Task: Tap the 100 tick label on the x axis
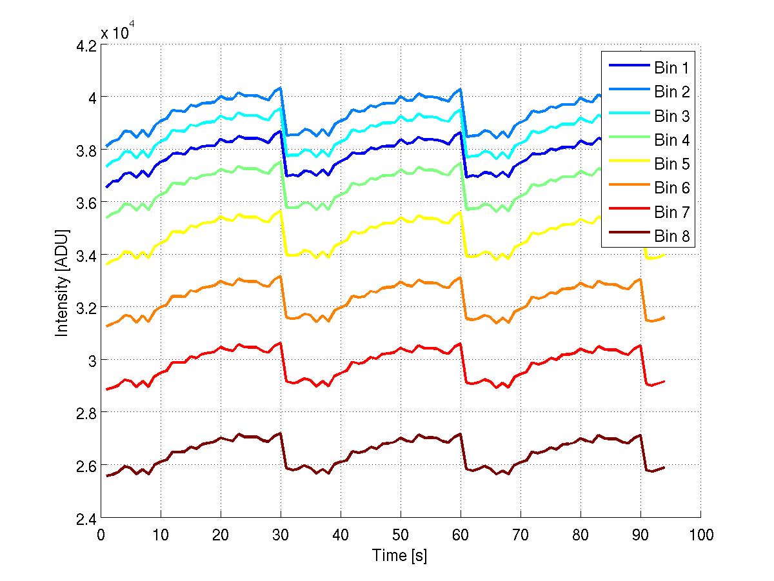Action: point(700,535)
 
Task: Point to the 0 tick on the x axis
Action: point(101,535)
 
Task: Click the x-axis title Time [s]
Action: point(400,555)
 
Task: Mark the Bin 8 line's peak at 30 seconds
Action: point(281,433)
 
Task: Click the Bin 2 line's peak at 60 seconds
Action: point(460,89)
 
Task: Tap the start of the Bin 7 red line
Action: point(107,389)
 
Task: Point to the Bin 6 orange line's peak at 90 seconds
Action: point(640,279)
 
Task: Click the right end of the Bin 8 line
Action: point(664,467)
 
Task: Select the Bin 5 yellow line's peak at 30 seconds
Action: point(281,211)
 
